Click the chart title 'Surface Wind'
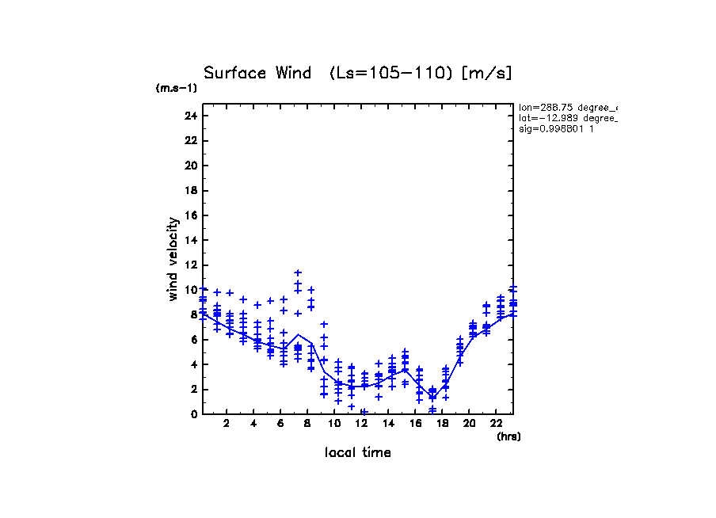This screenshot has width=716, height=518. (x=257, y=73)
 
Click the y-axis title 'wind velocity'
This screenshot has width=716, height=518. (x=173, y=260)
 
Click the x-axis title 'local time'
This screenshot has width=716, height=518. (x=357, y=453)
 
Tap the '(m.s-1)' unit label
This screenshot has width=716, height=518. (x=177, y=88)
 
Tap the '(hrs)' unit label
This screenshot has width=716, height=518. (x=508, y=436)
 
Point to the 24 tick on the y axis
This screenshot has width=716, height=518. (x=190, y=116)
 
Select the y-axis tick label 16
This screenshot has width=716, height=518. (x=190, y=215)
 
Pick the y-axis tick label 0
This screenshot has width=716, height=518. (x=193, y=414)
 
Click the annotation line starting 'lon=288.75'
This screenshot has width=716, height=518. (x=566, y=106)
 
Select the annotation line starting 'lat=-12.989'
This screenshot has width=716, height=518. (x=566, y=117)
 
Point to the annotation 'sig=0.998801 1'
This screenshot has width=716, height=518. (x=556, y=128)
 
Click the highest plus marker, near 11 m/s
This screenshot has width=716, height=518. (x=298, y=272)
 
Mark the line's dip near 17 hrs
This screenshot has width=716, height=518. (x=432, y=397)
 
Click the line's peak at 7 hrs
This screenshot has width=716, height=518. (x=298, y=334)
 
